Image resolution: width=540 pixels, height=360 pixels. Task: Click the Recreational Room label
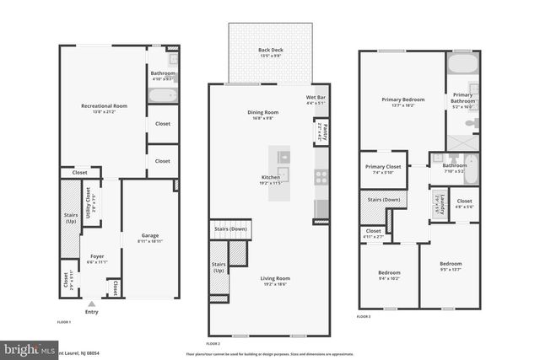point(104,105)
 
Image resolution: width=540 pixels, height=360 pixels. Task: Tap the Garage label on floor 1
point(150,235)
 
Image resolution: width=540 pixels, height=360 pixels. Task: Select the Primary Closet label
point(382,167)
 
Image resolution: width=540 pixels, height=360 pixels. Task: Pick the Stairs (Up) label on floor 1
point(70,218)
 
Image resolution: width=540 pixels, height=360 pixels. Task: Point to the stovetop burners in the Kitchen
point(321,177)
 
